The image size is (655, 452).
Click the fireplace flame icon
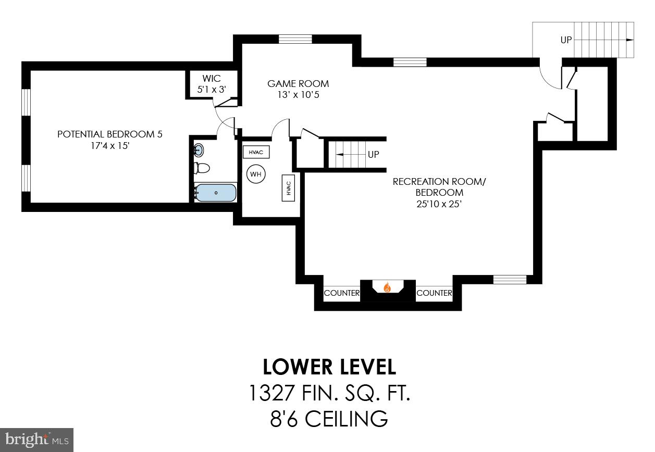click(x=387, y=287)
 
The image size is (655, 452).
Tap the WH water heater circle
click(x=256, y=174)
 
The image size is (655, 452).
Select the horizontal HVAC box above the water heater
click(x=256, y=152)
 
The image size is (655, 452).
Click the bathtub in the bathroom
click(x=216, y=193)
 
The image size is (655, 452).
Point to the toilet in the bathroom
click(x=202, y=168)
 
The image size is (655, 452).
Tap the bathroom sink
click(x=199, y=150)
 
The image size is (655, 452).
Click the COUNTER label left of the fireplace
click(x=342, y=293)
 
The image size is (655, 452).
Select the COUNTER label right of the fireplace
click(x=434, y=293)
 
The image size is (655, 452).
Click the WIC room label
click(x=212, y=79)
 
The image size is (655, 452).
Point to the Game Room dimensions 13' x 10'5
click(x=298, y=95)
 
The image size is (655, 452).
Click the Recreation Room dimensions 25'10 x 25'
click(x=439, y=204)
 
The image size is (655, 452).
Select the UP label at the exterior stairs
click(x=566, y=40)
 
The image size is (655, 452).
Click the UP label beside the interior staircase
click(x=373, y=155)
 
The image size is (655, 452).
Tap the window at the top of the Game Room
click(x=295, y=39)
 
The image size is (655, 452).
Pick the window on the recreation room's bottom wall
click(x=510, y=280)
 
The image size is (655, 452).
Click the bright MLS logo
click(x=36, y=440)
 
